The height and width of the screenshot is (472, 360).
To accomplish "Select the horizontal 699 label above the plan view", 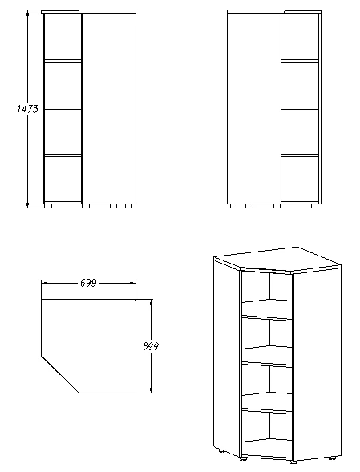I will point(89,283).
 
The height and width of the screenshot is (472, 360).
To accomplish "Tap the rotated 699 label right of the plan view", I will point(148,346).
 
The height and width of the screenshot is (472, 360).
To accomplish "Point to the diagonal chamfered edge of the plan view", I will point(60,373).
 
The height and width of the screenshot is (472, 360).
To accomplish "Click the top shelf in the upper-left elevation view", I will point(62,59).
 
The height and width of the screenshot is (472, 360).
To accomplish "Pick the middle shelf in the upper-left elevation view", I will point(62,107).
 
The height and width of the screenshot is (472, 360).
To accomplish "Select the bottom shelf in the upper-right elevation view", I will point(299,154).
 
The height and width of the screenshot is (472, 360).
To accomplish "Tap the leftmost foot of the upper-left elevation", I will point(50,205).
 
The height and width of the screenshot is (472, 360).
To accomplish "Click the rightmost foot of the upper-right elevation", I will point(311,205).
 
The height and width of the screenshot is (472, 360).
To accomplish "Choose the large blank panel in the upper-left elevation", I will point(108,108).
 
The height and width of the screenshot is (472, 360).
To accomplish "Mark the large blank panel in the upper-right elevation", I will point(253,108).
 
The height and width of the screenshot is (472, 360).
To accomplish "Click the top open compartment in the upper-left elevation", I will point(62,37).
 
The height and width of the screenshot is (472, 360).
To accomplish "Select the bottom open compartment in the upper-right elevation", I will point(299,177).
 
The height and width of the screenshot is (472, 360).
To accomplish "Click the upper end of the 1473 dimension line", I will point(28,13).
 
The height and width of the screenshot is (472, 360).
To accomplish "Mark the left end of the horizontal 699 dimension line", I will point(42,283).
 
